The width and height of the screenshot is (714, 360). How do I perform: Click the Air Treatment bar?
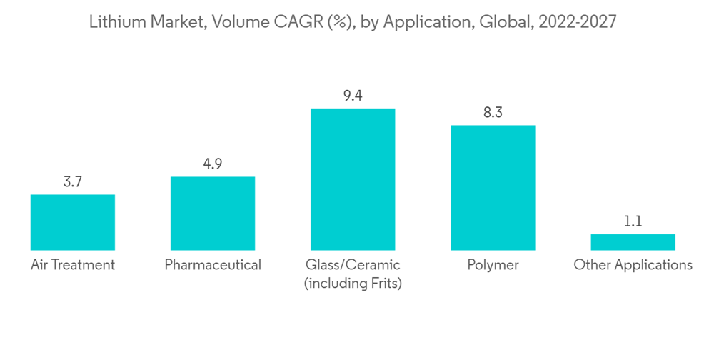(x=73, y=222)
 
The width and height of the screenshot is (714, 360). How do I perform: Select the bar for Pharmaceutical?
(x=213, y=214)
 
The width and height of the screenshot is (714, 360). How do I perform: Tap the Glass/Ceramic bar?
(x=353, y=179)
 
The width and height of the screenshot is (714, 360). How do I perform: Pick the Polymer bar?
(x=493, y=188)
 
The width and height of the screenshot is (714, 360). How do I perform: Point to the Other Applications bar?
(x=633, y=242)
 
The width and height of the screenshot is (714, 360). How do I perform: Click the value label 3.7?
(x=73, y=182)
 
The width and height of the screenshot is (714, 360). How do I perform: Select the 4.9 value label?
(x=213, y=164)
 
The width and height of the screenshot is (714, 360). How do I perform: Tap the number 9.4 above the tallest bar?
(x=353, y=96)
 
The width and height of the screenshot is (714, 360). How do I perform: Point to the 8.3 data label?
(x=493, y=113)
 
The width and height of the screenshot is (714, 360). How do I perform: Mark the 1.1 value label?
(x=633, y=221)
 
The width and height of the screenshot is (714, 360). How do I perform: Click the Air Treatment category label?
(x=73, y=265)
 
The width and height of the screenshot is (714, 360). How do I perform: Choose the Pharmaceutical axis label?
(x=213, y=265)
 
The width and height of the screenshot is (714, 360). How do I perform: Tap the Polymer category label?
(x=493, y=265)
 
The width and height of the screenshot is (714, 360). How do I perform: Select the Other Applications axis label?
(x=633, y=265)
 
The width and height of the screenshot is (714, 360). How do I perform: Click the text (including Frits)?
(x=353, y=284)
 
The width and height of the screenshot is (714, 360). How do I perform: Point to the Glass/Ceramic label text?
(x=353, y=265)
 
